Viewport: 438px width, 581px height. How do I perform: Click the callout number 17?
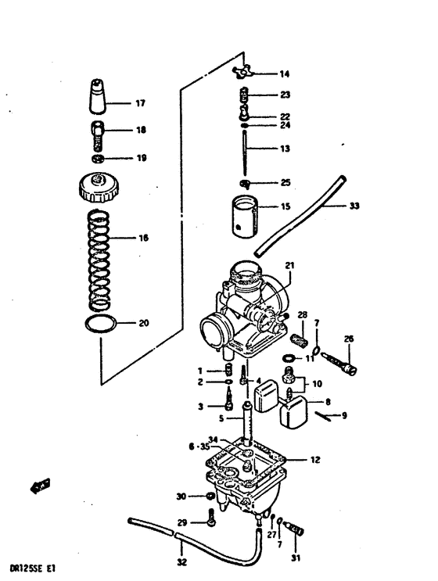[x=140, y=102]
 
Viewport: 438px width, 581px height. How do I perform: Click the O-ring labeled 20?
[x=101, y=325]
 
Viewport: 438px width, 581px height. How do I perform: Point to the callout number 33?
[x=354, y=206]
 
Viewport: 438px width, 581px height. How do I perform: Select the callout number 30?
[x=181, y=497]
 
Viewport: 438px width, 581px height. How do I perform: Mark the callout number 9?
[x=343, y=415]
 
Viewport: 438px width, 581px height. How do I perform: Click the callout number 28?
[x=302, y=315]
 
